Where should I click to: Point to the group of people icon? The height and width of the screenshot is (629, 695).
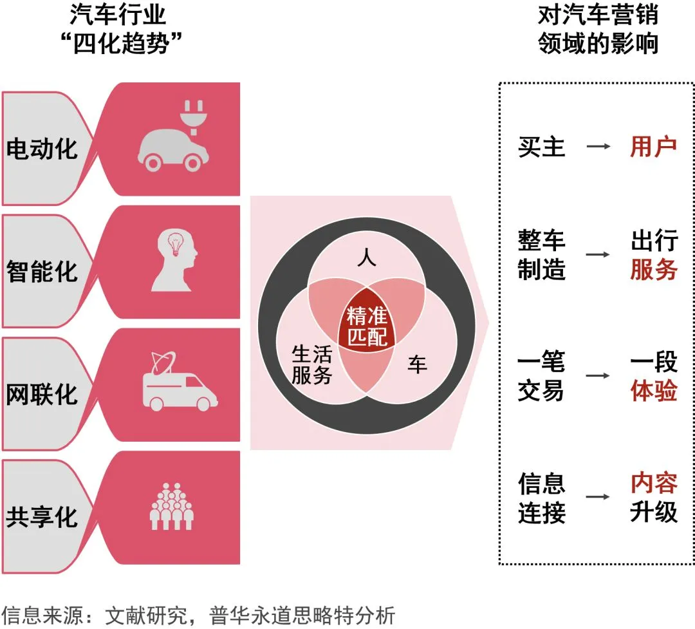(172, 505)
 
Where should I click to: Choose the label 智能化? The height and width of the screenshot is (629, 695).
(42, 271)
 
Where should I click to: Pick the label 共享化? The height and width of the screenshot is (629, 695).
(42, 517)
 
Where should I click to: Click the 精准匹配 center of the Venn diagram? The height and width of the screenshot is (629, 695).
(367, 326)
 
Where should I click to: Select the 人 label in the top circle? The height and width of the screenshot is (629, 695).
(366, 259)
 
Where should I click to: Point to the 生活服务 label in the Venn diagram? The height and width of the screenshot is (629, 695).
(311, 364)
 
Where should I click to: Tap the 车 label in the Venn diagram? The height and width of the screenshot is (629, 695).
(417, 365)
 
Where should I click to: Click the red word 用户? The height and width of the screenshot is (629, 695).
(653, 147)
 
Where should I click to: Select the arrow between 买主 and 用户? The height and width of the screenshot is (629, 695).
(598, 147)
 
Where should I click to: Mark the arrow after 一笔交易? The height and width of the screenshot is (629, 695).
(598, 375)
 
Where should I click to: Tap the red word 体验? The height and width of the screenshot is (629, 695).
(654, 391)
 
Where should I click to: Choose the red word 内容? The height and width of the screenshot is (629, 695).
(654, 482)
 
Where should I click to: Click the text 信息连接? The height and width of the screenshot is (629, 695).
(542, 498)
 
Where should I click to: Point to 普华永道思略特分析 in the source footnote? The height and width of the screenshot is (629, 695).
(302, 615)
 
